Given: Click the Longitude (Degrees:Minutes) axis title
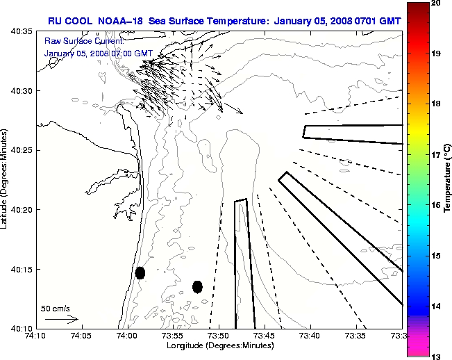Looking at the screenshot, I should coord(219,345).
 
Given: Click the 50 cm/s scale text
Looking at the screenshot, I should coord(56,308).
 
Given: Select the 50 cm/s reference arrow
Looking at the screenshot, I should coord(61,319).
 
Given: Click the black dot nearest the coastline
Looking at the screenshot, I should coord(140,272).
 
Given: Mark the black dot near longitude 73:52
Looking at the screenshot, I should coord(197,286).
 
